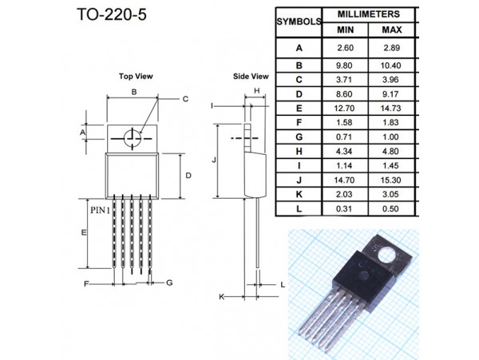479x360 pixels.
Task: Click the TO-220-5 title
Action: point(112,14)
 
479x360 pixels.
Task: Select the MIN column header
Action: point(345,30)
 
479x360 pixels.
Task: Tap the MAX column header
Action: point(392,30)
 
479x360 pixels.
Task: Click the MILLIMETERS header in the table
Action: point(368,14)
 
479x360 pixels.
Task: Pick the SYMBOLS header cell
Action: point(299,22)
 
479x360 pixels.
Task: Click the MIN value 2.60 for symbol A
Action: point(345,48)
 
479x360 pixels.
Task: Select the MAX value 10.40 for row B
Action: point(390,65)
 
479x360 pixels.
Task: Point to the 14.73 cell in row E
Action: point(390,108)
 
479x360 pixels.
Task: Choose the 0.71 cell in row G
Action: point(344,136)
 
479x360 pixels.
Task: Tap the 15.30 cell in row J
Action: point(390,180)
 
